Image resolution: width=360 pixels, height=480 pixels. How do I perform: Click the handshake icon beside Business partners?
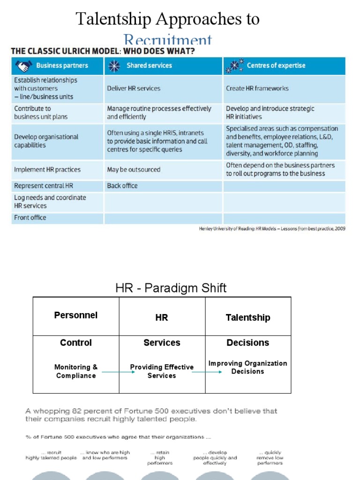tap(24, 66)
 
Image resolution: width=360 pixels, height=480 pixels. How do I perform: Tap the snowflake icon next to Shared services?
tap(114, 66)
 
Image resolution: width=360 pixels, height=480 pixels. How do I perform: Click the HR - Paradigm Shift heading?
tap(171, 288)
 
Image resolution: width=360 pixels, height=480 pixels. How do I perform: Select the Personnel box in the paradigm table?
tap(76, 315)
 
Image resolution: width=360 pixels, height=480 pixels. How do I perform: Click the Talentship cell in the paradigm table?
tap(247, 317)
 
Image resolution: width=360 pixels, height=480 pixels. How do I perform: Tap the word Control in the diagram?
tap(76, 343)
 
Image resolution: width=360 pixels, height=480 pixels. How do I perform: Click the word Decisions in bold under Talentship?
tap(247, 343)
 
